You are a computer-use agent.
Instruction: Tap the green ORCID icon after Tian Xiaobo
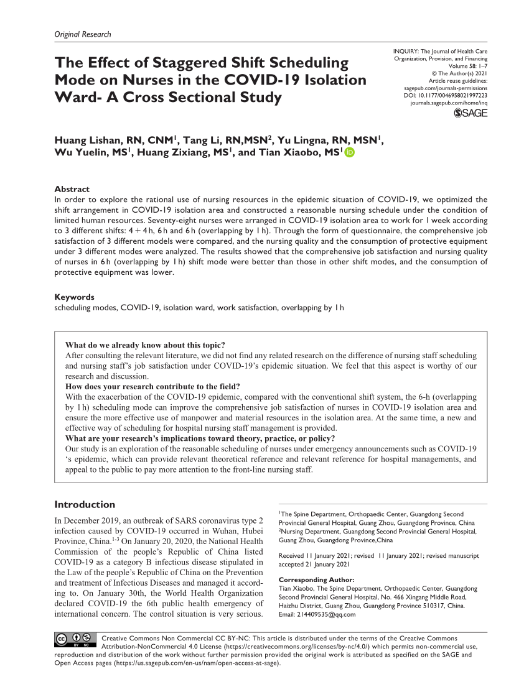[349, 154]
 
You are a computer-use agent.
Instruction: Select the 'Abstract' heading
[72, 189]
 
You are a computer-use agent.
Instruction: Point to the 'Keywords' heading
[75, 297]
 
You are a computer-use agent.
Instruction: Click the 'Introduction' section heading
[85, 504]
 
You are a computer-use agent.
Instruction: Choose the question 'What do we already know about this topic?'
[145, 346]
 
